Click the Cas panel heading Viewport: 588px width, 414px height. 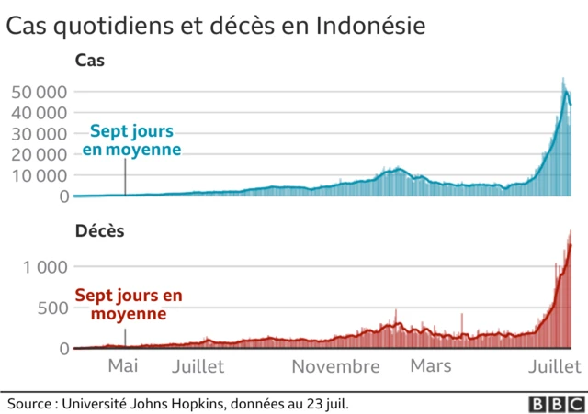pos(90,62)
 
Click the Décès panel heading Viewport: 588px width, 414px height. pos(99,231)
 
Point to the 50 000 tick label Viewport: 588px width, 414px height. pos(39,92)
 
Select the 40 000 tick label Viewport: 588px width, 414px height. pos(39,113)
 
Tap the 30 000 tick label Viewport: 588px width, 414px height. pos(39,134)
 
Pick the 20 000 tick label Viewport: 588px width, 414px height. pos(39,154)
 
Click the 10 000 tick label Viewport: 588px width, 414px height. pos(39,175)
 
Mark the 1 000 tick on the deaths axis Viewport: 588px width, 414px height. pos(46,267)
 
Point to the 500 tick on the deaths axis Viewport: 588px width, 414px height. pos(53,308)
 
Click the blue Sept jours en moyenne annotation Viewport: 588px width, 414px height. pos(131,140)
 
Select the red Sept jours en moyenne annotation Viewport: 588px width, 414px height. pos(129,305)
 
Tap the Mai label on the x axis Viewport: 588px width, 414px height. pos(123,366)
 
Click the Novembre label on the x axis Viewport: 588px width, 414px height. pos(335,366)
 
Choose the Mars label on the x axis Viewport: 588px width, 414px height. pos(431,366)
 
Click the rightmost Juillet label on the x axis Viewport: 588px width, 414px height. pos(553,366)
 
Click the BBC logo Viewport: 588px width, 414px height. pos(553,402)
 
